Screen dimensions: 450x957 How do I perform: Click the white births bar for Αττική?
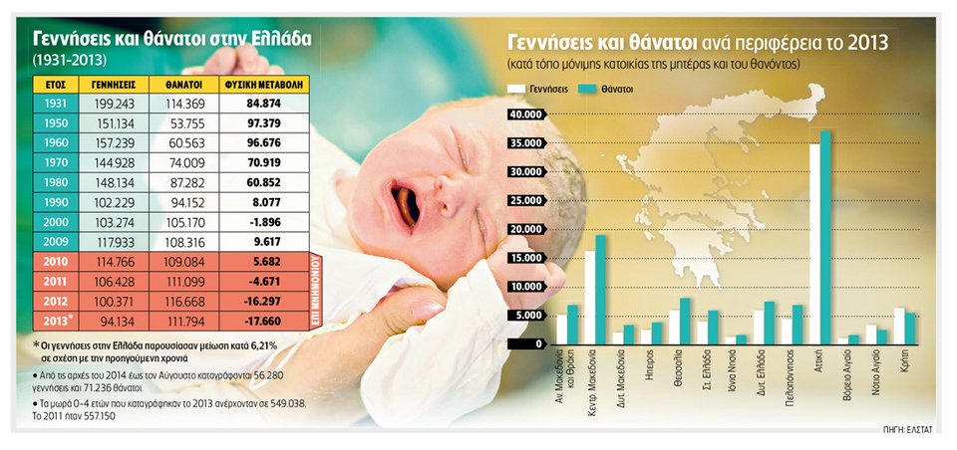pyautogui.click(x=814, y=243)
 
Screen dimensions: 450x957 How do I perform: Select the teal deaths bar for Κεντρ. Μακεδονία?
pyautogui.click(x=600, y=289)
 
